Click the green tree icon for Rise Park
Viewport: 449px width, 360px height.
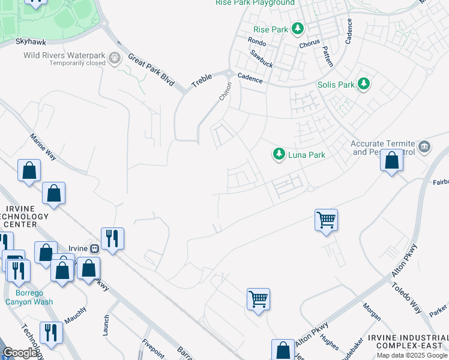click(297, 28)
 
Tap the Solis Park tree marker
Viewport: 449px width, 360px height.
click(363, 84)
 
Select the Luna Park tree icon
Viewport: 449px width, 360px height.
click(279, 154)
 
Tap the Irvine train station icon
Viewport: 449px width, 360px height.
click(94, 248)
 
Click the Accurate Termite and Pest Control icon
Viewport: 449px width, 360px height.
click(424, 146)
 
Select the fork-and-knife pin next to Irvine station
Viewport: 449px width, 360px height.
click(112, 238)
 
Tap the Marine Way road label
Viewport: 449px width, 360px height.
click(43, 146)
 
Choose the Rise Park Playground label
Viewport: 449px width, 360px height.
click(255, 3)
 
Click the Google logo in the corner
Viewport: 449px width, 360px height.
click(20, 353)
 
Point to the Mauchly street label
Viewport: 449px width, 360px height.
click(75, 316)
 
